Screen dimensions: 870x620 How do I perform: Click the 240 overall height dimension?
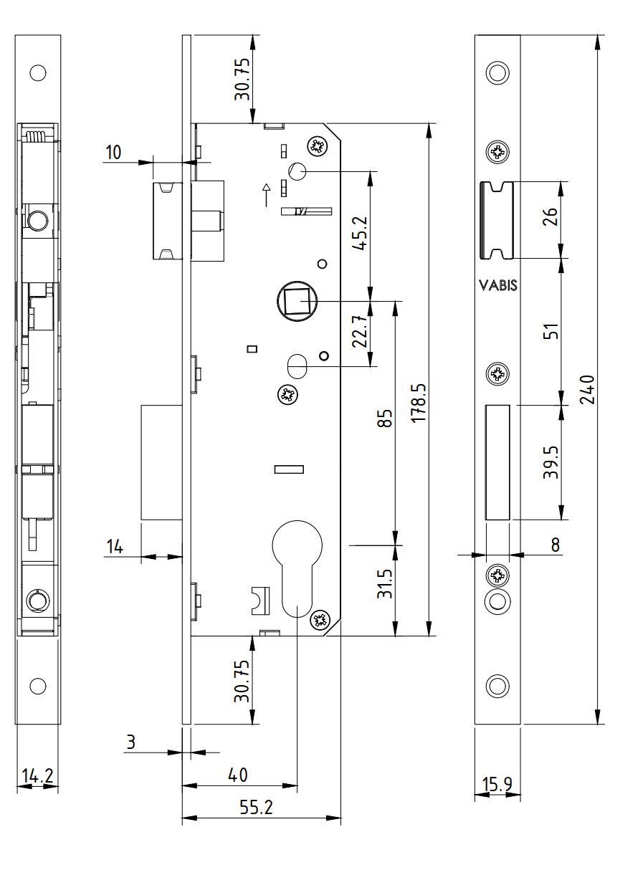click(587, 390)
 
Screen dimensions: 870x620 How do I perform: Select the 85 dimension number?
click(386, 419)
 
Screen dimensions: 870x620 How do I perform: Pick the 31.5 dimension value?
click(386, 584)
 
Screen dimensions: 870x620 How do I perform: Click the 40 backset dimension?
click(237, 775)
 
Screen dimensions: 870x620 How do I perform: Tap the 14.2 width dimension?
click(37, 776)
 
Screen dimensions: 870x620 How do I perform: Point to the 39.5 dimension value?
click(550, 462)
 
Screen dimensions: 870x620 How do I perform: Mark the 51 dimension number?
click(550, 332)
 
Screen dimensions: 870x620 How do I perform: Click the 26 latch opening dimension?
click(550, 218)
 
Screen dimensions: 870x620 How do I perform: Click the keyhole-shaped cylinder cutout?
click(296, 566)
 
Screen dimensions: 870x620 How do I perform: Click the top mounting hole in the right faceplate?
click(497, 72)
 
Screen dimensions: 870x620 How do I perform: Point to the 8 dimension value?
click(555, 545)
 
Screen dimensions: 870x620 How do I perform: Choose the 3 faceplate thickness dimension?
click(130, 742)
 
